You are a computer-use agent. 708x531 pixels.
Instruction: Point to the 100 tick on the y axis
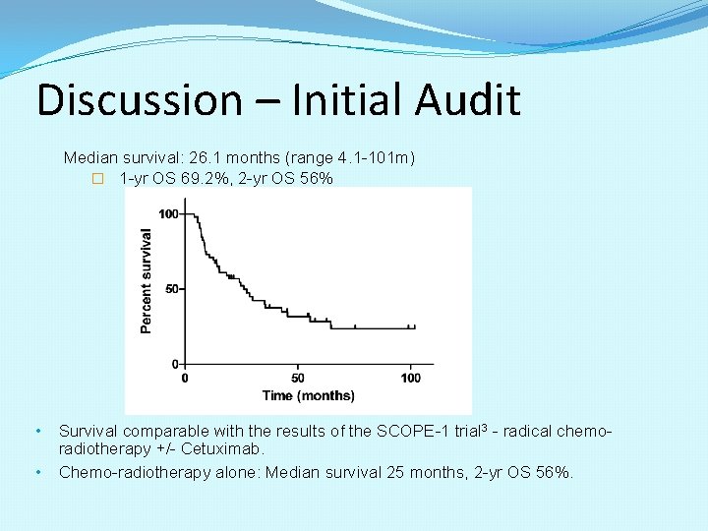168,214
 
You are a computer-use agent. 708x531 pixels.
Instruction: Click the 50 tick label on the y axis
172,289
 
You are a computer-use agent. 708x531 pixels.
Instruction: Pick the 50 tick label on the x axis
298,379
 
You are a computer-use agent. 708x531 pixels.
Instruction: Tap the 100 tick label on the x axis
411,379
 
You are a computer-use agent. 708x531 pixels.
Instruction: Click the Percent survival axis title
147,280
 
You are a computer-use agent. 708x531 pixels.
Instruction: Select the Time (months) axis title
308,395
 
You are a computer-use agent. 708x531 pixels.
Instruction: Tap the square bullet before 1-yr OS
97,179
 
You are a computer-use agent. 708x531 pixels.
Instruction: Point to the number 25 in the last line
393,472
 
